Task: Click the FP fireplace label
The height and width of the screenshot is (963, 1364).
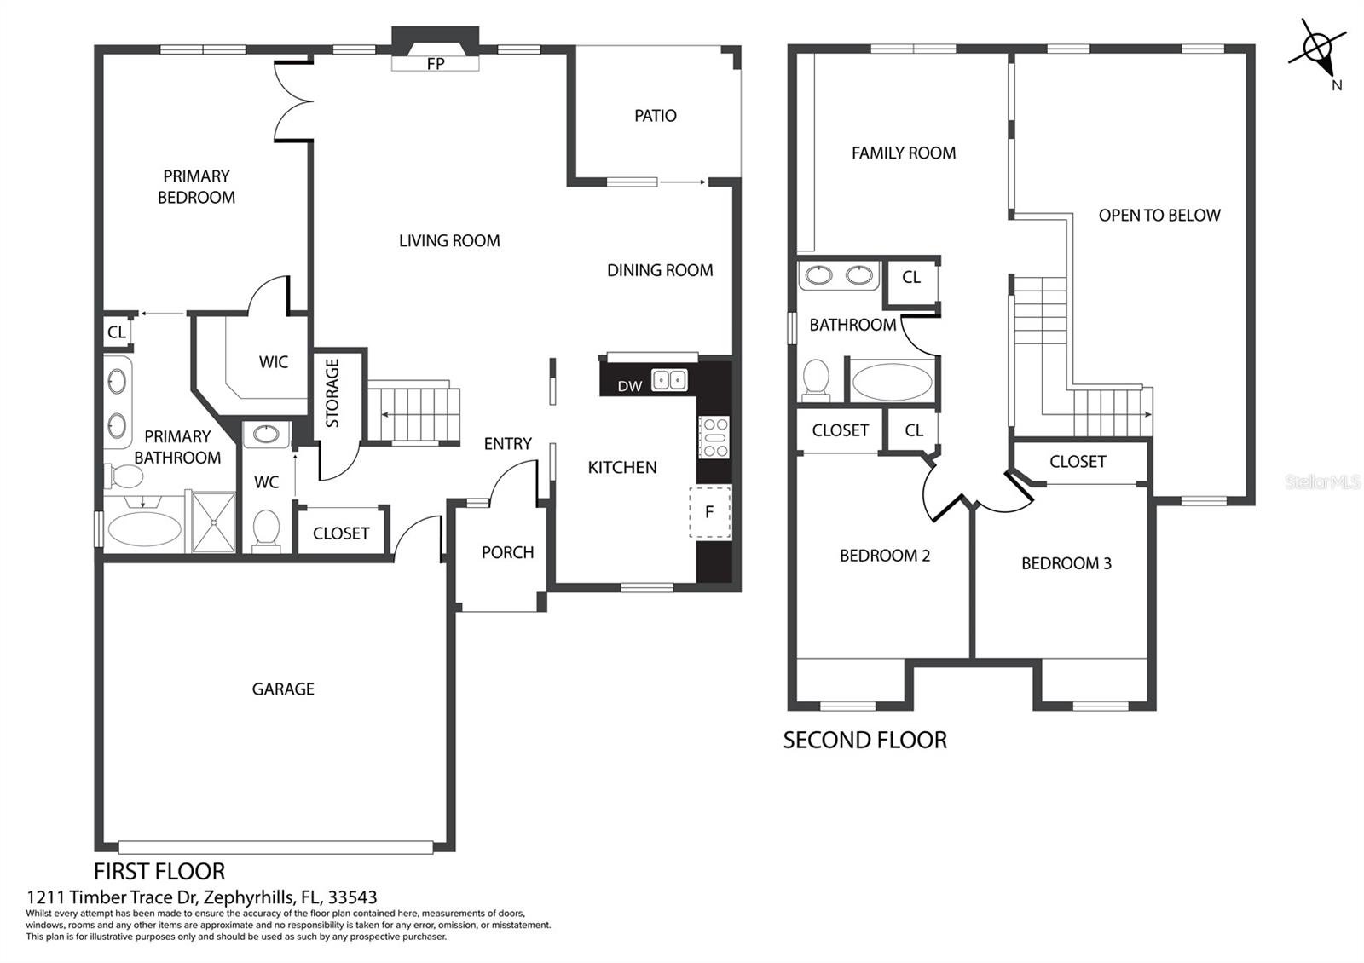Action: (x=436, y=64)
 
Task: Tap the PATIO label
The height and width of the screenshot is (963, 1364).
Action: (x=656, y=116)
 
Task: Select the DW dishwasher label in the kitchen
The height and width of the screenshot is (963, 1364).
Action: (x=630, y=386)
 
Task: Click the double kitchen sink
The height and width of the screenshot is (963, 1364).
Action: (x=669, y=380)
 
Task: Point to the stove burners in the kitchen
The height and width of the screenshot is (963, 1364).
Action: (x=714, y=437)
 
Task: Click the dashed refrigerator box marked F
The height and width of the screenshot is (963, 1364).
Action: (x=710, y=512)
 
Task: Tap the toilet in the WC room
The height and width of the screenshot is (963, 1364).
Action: (x=266, y=531)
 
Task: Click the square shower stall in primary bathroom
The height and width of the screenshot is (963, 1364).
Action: (x=213, y=522)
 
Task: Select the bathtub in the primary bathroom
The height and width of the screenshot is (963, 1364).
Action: (x=144, y=528)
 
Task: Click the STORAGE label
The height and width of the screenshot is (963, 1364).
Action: (x=332, y=393)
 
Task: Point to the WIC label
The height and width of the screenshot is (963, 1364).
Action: (x=274, y=362)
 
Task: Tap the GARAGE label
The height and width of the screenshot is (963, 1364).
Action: (x=283, y=689)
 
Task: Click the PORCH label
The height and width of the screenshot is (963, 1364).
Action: (x=508, y=553)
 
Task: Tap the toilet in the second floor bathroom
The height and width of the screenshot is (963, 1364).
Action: (x=816, y=380)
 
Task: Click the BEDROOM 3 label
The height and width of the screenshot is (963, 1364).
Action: (x=1066, y=563)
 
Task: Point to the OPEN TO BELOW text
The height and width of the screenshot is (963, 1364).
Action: (x=1159, y=216)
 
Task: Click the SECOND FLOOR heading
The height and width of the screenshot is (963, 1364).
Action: (x=864, y=741)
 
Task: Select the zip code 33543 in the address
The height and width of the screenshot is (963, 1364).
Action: (x=353, y=897)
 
